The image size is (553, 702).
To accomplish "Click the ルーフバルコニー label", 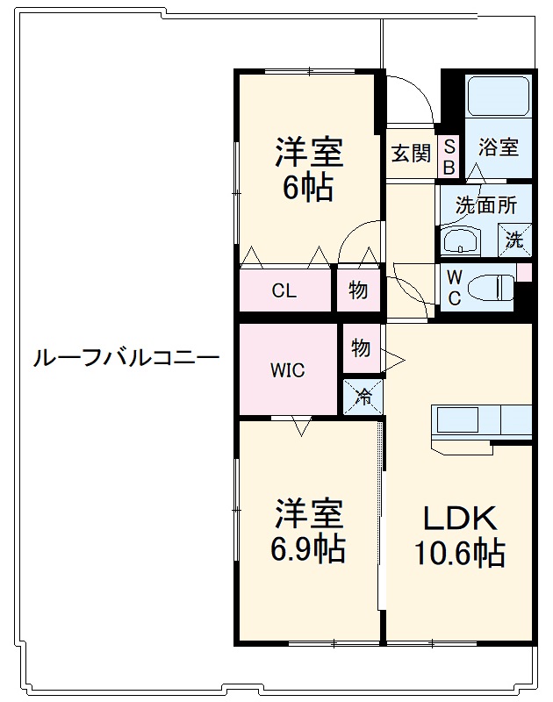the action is pyautogui.click(x=126, y=358).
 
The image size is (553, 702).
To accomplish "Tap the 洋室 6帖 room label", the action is pyautogui.click(x=309, y=169).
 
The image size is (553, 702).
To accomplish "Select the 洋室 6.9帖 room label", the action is pyautogui.click(x=309, y=531).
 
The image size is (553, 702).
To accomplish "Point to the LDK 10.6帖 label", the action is pyautogui.click(x=459, y=535).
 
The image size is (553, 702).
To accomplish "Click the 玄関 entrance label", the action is pyautogui.click(x=411, y=154).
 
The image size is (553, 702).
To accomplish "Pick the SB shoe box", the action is pyautogui.click(x=449, y=157).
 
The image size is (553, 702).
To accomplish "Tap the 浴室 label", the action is pyautogui.click(x=499, y=147).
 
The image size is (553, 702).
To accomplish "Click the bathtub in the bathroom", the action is pyautogui.click(x=498, y=96).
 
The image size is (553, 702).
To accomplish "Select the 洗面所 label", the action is pyautogui.click(x=486, y=205).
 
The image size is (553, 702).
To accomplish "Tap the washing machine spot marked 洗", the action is pyautogui.click(x=514, y=240).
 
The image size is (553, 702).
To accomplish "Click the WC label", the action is pyautogui.click(x=454, y=288).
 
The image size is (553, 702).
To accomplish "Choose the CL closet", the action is pyautogui.click(x=284, y=290).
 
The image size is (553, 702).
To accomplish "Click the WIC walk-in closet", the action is pyautogui.click(x=288, y=369).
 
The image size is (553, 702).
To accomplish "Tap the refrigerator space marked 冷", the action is pyautogui.click(x=363, y=397).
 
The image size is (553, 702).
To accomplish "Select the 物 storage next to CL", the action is pyautogui.click(x=358, y=290).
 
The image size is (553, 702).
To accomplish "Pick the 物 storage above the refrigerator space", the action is pyautogui.click(x=361, y=347).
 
